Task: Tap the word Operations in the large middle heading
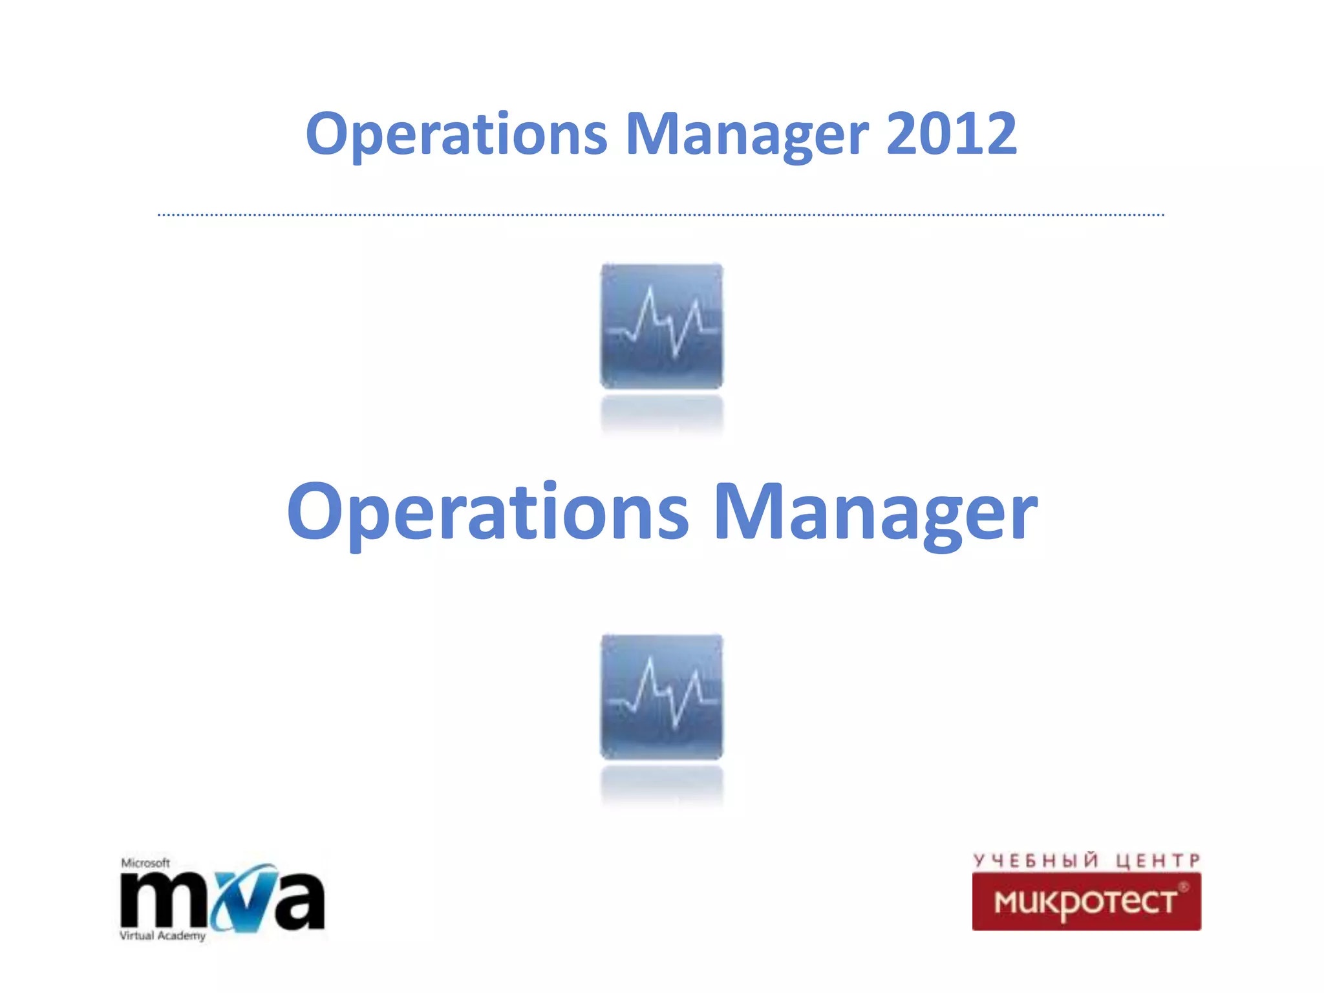pos(488,512)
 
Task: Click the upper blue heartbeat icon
pos(661,326)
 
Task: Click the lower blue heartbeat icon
pos(661,697)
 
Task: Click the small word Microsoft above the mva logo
pos(145,863)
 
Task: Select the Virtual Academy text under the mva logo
pos(162,935)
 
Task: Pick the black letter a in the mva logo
pos(297,901)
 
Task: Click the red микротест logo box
pos(1086,901)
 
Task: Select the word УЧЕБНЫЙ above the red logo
pos(1035,860)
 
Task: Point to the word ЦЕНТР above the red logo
pos(1158,860)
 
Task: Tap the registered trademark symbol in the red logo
pos(1184,887)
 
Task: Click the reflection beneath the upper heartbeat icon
pos(661,414)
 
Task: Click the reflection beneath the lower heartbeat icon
pos(661,785)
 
